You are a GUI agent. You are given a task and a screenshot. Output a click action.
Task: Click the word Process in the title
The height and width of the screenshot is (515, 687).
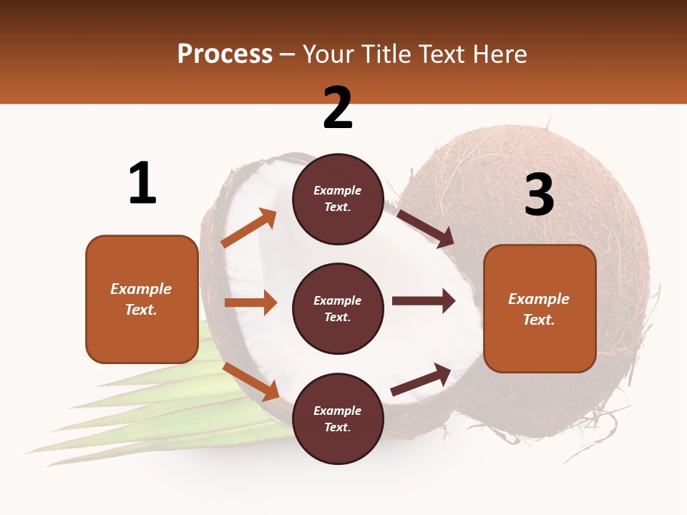pos(225,54)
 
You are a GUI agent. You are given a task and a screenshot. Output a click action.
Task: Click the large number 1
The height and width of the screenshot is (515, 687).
pos(142,184)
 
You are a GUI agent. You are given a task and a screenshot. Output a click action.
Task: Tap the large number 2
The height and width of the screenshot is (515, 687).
pos(338,108)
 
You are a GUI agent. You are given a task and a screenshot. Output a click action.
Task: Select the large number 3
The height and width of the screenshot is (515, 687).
pos(539,195)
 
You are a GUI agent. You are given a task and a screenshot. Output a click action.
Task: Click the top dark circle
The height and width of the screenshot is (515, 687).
pos(338,199)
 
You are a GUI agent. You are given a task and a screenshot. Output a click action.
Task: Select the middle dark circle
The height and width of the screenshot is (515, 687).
pos(338,308)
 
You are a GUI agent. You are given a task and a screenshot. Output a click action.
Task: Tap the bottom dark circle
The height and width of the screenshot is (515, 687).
pos(338,418)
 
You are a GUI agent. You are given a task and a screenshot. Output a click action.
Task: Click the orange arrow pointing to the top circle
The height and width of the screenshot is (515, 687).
pos(249,228)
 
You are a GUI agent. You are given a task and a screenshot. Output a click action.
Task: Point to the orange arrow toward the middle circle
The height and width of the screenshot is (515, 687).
pos(250,303)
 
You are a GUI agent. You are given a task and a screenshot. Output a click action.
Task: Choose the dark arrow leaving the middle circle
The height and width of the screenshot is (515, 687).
pos(424,301)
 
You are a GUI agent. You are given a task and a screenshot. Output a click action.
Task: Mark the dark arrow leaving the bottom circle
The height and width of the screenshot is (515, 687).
pos(421,380)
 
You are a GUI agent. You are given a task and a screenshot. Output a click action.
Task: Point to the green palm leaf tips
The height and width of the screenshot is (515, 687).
pos(72,436)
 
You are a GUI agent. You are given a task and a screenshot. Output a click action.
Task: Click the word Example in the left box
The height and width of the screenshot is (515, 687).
pos(141,289)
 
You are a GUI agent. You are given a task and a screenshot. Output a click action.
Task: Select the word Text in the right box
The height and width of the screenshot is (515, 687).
pos(538,320)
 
